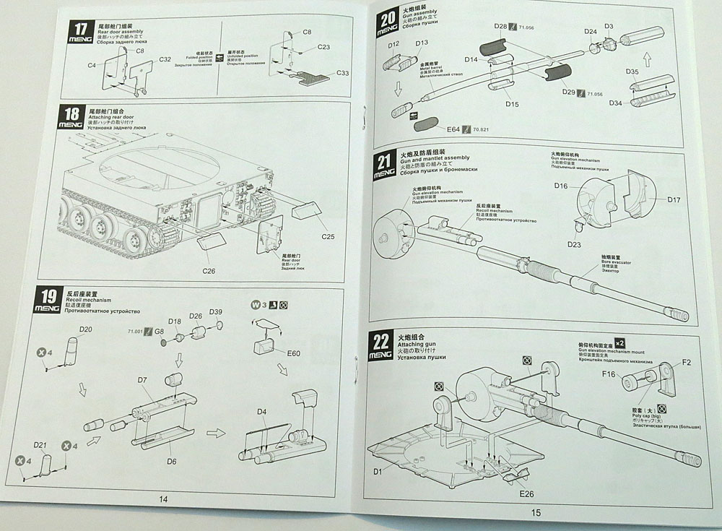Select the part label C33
tap(342, 74)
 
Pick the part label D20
tap(85, 329)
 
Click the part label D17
tap(674, 199)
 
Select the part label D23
tap(574, 245)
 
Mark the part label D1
tap(377, 472)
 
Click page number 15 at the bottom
tap(535, 514)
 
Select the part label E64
tap(453, 129)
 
